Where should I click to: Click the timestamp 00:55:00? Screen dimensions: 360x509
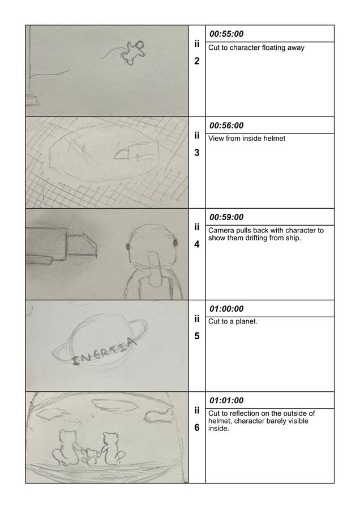point(226,34)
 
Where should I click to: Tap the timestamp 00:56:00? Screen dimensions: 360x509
point(226,126)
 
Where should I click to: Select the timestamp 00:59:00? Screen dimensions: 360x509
point(226,217)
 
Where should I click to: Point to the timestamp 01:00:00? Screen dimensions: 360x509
point(226,309)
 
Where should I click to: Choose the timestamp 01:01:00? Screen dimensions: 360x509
point(226,400)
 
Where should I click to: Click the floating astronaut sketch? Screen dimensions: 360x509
point(132,53)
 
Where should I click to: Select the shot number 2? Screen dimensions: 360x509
point(197,61)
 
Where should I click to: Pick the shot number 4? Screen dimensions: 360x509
point(197,244)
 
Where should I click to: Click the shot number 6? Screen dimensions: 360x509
point(197,428)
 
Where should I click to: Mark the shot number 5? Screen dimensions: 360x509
point(197,336)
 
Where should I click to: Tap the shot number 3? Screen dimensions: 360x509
point(197,153)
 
